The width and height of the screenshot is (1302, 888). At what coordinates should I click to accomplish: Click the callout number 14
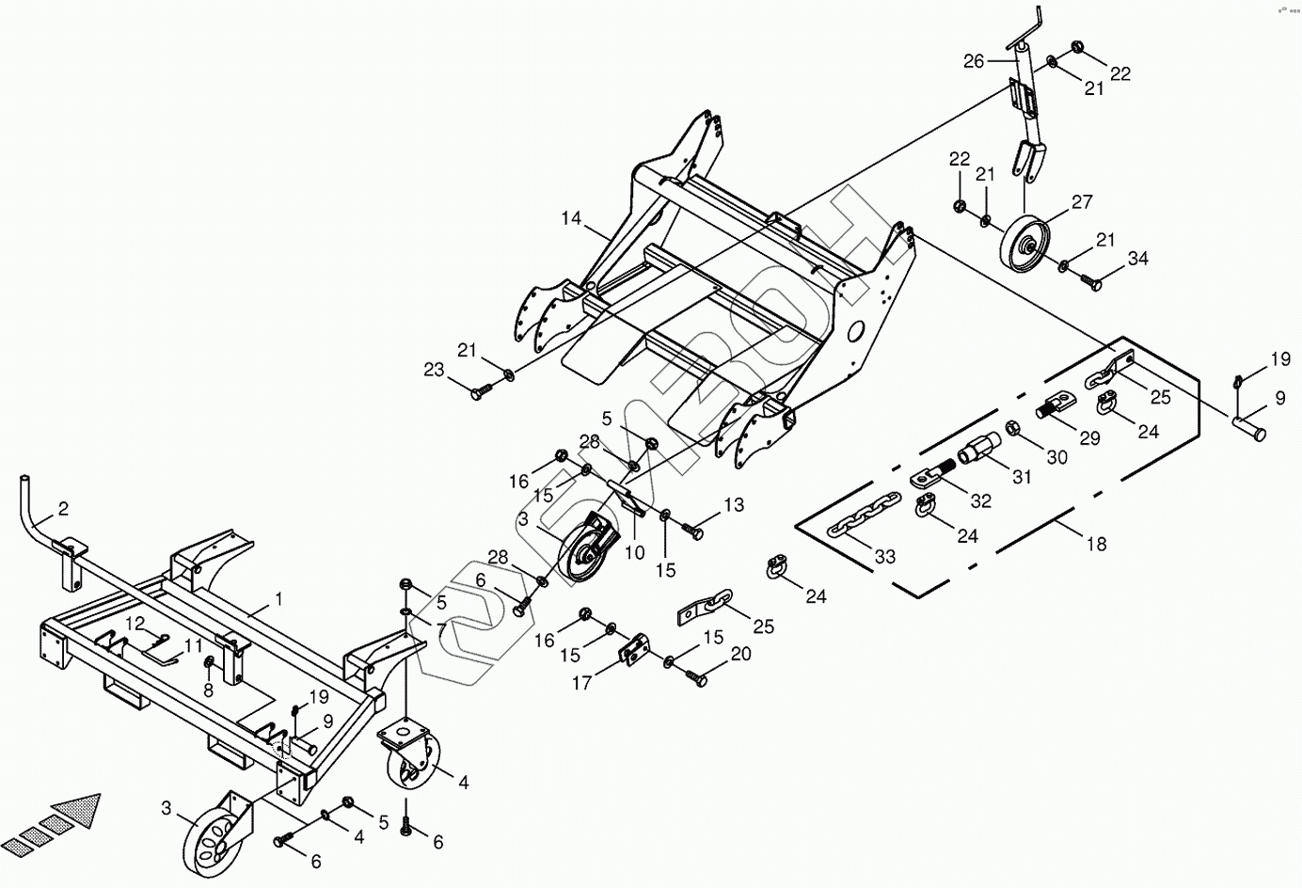(x=572, y=219)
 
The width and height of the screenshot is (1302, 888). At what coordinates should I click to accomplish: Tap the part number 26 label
(x=974, y=61)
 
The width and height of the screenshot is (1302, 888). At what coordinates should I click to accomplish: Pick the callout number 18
(x=1096, y=544)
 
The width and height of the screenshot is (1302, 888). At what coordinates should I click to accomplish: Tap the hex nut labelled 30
(x=1015, y=429)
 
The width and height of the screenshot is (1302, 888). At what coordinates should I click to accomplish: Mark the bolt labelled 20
(x=698, y=676)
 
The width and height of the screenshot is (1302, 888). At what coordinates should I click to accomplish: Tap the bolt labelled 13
(x=696, y=531)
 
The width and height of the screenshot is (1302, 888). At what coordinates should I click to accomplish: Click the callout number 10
(x=635, y=553)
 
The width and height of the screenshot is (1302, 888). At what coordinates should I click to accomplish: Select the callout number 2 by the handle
(x=63, y=509)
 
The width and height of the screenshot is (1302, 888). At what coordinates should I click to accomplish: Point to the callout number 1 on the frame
(x=278, y=598)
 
